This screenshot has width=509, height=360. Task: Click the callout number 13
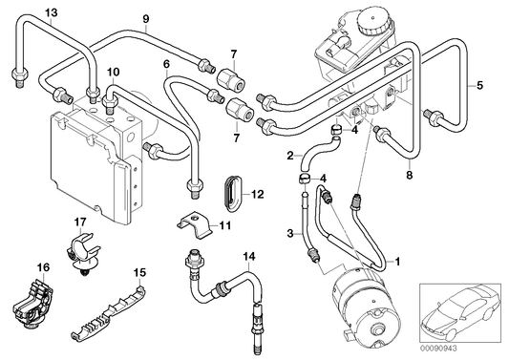click(24, 11)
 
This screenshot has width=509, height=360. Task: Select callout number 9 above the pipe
click(146, 19)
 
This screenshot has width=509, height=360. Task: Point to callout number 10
click(114, 72)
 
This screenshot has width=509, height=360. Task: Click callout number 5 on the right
click(479, 85)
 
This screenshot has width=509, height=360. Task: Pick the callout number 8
click(408, 175)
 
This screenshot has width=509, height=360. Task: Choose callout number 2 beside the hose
click(290, 154)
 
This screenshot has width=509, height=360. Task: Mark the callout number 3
click(290, 233)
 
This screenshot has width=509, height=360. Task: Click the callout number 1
click(398, 259)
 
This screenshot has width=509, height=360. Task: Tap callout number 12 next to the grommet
click(258, 194)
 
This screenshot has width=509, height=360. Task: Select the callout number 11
click(226, 225)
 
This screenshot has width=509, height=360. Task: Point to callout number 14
click(249, 255)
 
